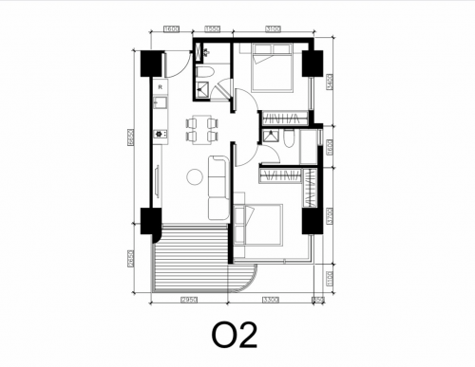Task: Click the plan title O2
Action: pyautogui.click(x=236, y=337)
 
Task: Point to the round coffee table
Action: pyautogui.click(x=196, y=175)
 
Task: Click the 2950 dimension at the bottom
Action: pyautogui.click(x=188, y=300)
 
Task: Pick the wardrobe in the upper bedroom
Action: pyautogui.click(x=284, y=118)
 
